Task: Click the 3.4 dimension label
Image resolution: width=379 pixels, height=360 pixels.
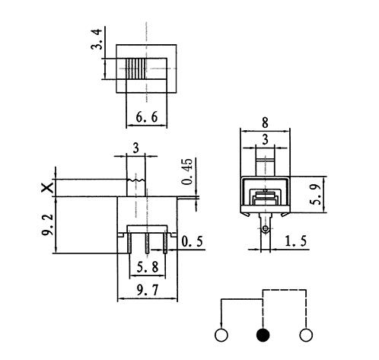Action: coord(97,40)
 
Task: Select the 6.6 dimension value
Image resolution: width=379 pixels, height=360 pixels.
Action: coord(147,117)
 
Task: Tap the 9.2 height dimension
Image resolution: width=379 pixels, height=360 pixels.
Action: coord(47,225)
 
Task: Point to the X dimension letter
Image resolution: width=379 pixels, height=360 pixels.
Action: coord(47,188)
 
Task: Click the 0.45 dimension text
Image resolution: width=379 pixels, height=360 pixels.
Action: coord(187,171)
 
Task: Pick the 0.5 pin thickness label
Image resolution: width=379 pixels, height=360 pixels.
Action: coord(192,241)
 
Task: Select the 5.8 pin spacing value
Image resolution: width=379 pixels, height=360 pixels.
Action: coord(148,267)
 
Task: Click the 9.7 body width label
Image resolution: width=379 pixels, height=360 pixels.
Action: coord(148,290)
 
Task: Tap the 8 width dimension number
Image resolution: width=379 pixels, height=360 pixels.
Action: coord(265,123)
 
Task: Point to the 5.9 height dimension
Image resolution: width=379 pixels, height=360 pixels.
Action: coord(317,195)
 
